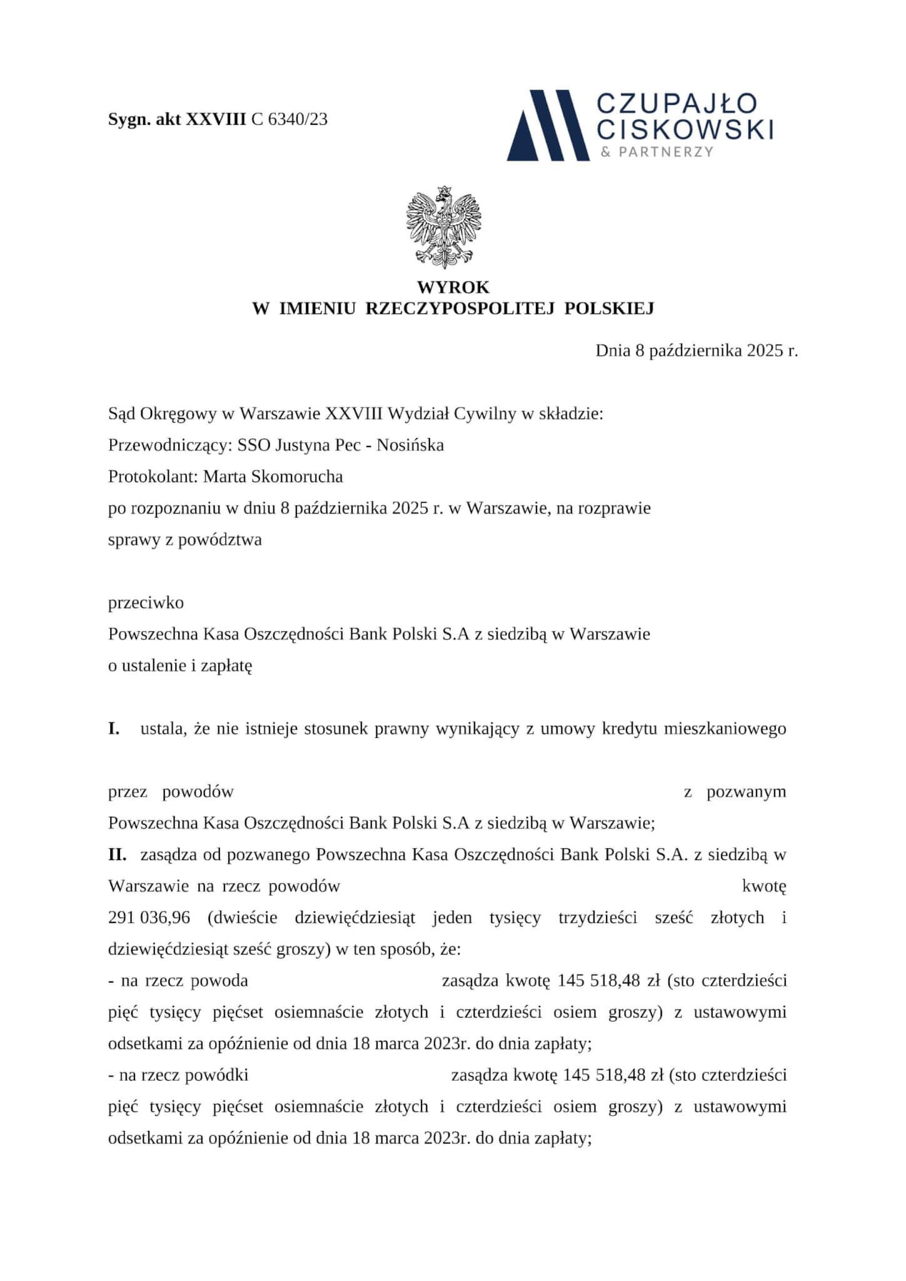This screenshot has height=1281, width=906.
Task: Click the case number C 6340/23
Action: click(x=289, y=119)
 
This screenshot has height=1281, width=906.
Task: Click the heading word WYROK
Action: click(x=453, y=288)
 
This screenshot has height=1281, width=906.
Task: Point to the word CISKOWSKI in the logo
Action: click(x=686, y=129)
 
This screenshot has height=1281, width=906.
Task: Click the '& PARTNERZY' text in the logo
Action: click(x=657, y=152)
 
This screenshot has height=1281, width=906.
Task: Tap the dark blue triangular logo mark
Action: click(x=548, y=125)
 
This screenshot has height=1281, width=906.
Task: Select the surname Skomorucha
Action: click(x=296, y=477)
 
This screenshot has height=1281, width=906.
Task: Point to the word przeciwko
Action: click(x=146, y=603)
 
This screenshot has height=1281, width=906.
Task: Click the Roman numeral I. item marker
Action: click(x=114, y=729)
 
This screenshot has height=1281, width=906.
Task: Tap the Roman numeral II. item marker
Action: click(x=118, y=854)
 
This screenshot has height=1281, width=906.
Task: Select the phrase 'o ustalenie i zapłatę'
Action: click(x=180, y=666)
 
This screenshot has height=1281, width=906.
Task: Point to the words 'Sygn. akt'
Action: click(x=144, y=119)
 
